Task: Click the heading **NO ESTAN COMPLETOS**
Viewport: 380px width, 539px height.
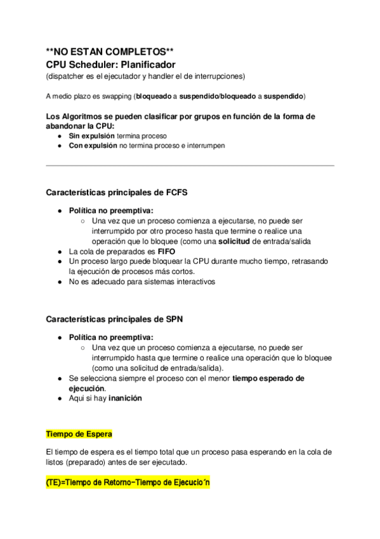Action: tap(110, 52)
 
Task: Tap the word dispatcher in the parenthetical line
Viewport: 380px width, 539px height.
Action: tap(65, 76)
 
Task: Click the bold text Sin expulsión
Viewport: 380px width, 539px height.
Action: tap(91, 136)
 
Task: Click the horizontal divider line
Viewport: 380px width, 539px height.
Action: tap(190, 166)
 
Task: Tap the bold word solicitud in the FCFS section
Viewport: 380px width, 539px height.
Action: tap(239, 242)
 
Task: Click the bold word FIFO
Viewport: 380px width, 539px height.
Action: tap(167, 252)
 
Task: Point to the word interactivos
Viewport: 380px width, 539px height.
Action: tap(193, 282)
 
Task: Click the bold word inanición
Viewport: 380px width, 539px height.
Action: tap(126, 399)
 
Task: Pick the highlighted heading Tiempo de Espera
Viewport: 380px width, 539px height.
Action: tap(79, 434)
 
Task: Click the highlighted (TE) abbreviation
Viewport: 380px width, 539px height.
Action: tap(54, 483)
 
